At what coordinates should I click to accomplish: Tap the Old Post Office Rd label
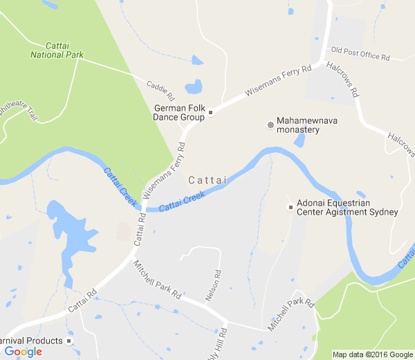[360, 53]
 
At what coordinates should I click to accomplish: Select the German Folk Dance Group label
[179, 112]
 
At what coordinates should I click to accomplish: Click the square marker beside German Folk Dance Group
[211, 112]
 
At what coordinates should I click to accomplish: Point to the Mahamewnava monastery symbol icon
[269, 125]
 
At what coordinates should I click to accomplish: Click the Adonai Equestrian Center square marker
[290, 207]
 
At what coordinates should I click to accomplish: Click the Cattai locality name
[207, 180]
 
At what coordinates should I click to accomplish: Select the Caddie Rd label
[160, 88]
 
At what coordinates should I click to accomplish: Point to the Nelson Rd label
[212, 285]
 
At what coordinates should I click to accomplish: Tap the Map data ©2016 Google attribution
[372, 354]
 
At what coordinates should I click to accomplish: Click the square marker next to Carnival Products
[69, 341]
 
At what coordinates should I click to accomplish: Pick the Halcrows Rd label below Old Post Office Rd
[343, 80]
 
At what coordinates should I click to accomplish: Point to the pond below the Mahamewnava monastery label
[299, 141]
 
